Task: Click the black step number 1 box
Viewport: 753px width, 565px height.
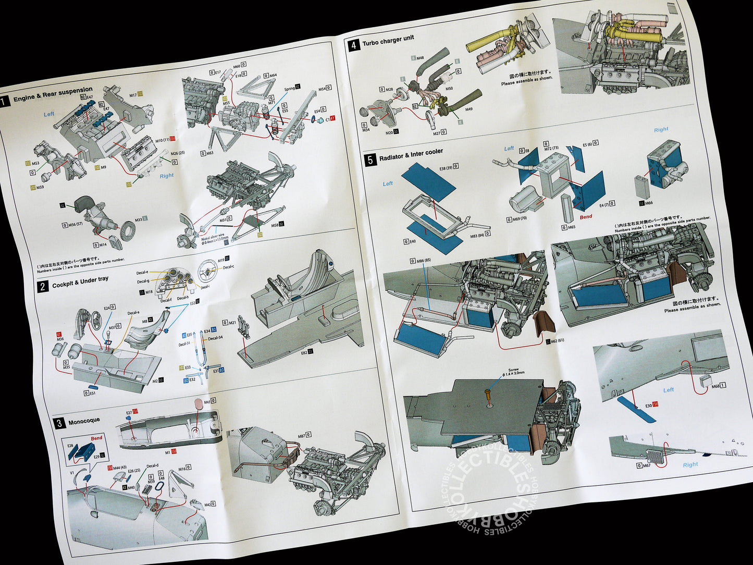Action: point(5,102)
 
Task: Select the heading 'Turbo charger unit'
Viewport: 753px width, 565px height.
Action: point(388,40)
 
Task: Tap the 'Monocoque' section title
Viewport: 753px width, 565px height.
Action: point(84,420)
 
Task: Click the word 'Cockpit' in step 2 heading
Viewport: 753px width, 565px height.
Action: point(63,284)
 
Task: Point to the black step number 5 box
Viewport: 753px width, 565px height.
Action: point(370,160)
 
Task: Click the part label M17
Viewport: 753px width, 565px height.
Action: point(133,95)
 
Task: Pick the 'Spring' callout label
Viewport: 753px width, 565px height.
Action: point(289,89)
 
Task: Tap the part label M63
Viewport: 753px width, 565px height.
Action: point(209,153)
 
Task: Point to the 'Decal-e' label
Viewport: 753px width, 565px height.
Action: point(142,272)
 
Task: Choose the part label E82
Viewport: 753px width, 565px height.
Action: point(304,352)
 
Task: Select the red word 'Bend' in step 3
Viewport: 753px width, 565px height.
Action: point(96,438)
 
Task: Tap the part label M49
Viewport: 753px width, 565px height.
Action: point(468,109)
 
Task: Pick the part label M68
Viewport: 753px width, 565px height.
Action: point(715,386)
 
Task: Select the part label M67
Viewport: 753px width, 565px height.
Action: point(646,465)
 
